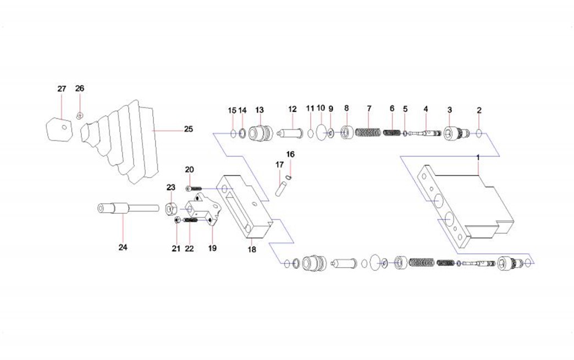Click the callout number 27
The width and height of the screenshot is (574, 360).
coord(62,89)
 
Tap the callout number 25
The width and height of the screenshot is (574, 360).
coord(188,129)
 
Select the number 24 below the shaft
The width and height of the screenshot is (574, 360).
coord(123,247)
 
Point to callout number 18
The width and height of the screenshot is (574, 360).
coord(252,250)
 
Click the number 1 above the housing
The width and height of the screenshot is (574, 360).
coord(478,157)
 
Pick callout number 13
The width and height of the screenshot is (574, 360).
coord(260,110)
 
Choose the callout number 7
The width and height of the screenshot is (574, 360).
coord(369,109)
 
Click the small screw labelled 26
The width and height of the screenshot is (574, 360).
coord(79,115)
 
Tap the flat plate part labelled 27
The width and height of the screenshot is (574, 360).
coord(59,129)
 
